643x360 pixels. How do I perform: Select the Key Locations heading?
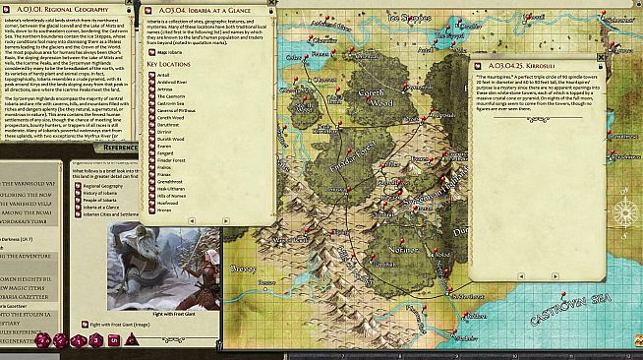(168, 65)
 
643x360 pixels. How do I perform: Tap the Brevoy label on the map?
(243, 269)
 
